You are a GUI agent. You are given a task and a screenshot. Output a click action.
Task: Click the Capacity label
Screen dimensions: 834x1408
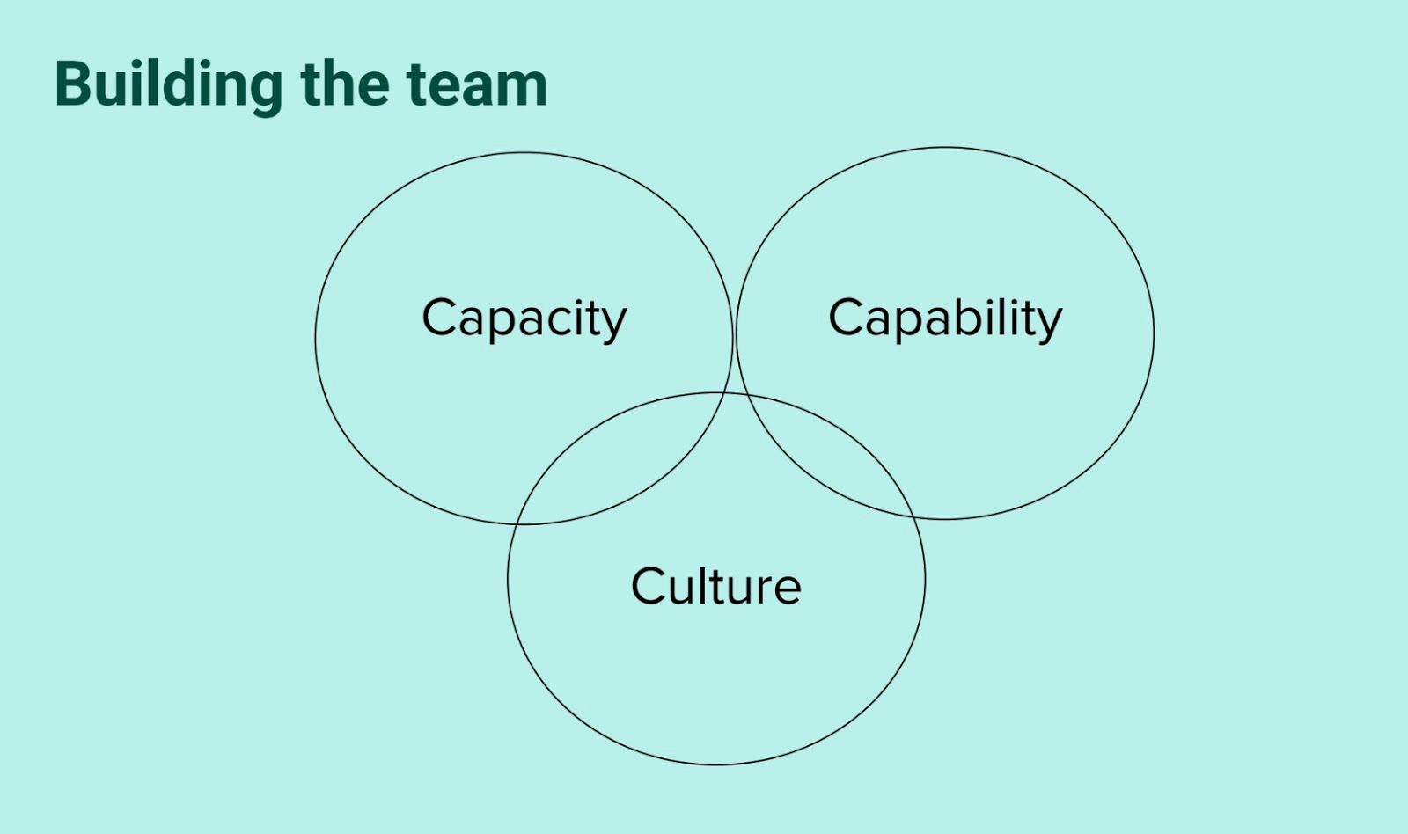(x=524, y=318)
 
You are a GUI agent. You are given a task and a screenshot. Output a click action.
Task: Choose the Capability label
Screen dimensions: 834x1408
(x=945, y=318)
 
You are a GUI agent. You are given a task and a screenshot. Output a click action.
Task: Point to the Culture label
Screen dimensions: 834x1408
(x=715, y=586)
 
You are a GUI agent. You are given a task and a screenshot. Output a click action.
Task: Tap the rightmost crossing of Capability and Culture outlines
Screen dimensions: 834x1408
(x=913, y=517)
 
